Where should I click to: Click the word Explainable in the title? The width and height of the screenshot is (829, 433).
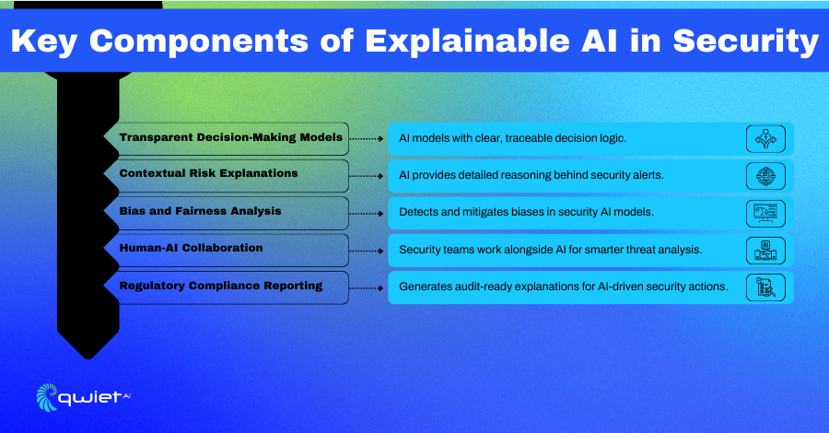pos(467,41)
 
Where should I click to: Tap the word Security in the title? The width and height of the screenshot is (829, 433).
pos(745,41)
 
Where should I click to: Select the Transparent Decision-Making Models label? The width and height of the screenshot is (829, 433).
pos(231,137)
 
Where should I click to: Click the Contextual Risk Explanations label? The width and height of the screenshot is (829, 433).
pos(208,173)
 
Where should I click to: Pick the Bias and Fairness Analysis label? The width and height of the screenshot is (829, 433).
pos(201,211)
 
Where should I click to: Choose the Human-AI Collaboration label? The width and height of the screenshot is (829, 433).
pos(191,248)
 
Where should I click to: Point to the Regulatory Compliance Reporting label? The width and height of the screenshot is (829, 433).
pos(221,286)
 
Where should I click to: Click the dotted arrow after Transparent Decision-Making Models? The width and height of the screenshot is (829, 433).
pos(367,138)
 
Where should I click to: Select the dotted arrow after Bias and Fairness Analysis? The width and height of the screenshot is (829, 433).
pos(367,214)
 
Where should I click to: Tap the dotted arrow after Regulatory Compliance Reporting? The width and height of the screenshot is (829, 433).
pos(367,288)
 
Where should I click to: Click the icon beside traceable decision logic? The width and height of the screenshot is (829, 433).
pos(765,139)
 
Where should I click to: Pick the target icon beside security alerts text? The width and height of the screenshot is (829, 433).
pos(765,176)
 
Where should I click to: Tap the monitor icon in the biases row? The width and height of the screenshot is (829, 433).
pos(765,214)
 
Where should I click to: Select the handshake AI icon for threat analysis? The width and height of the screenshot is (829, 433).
pos(765,251)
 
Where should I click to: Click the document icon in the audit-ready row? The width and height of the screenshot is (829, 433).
pos(765,287)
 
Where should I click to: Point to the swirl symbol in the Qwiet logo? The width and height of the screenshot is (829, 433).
pos(47,397)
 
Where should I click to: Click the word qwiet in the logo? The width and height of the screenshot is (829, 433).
pos(89,398)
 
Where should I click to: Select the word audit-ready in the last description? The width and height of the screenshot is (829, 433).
pos(479,287)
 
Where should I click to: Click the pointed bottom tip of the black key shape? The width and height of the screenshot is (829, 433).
pos(88,359)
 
